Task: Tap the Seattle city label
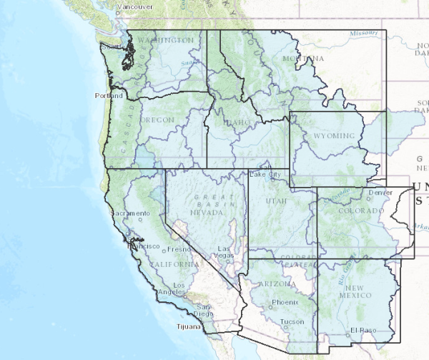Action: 112,47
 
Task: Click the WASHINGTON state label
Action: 166,40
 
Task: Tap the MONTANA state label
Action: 303,58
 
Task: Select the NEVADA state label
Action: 207,213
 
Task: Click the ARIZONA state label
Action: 276,284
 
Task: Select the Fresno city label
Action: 178,249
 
